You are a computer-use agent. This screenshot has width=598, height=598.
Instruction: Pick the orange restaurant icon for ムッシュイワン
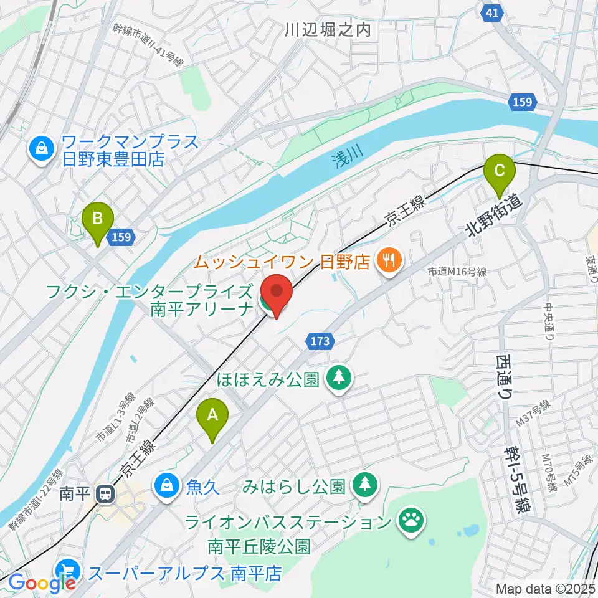click(x=390, y=259)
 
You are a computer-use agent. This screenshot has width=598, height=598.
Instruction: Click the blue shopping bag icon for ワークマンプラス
click(x=40, y=149)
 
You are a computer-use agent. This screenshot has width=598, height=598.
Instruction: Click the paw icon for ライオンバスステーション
click(x=411, y=520)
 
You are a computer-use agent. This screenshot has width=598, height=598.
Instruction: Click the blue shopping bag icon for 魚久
click(x=166, y=485)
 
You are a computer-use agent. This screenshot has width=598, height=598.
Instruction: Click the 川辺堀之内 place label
click(x=327, y=29)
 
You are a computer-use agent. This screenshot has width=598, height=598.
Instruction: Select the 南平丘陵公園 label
click(x=259, y=547)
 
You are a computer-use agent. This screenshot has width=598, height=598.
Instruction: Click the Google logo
click(x=42, y=584)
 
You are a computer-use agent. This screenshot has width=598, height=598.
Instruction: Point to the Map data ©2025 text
click(x=545, y=588)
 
